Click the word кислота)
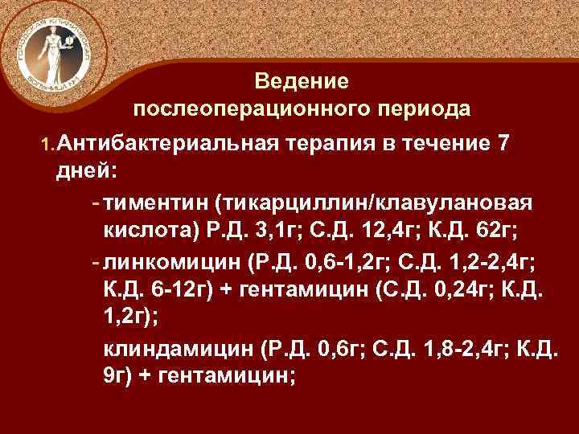(153, 231)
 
